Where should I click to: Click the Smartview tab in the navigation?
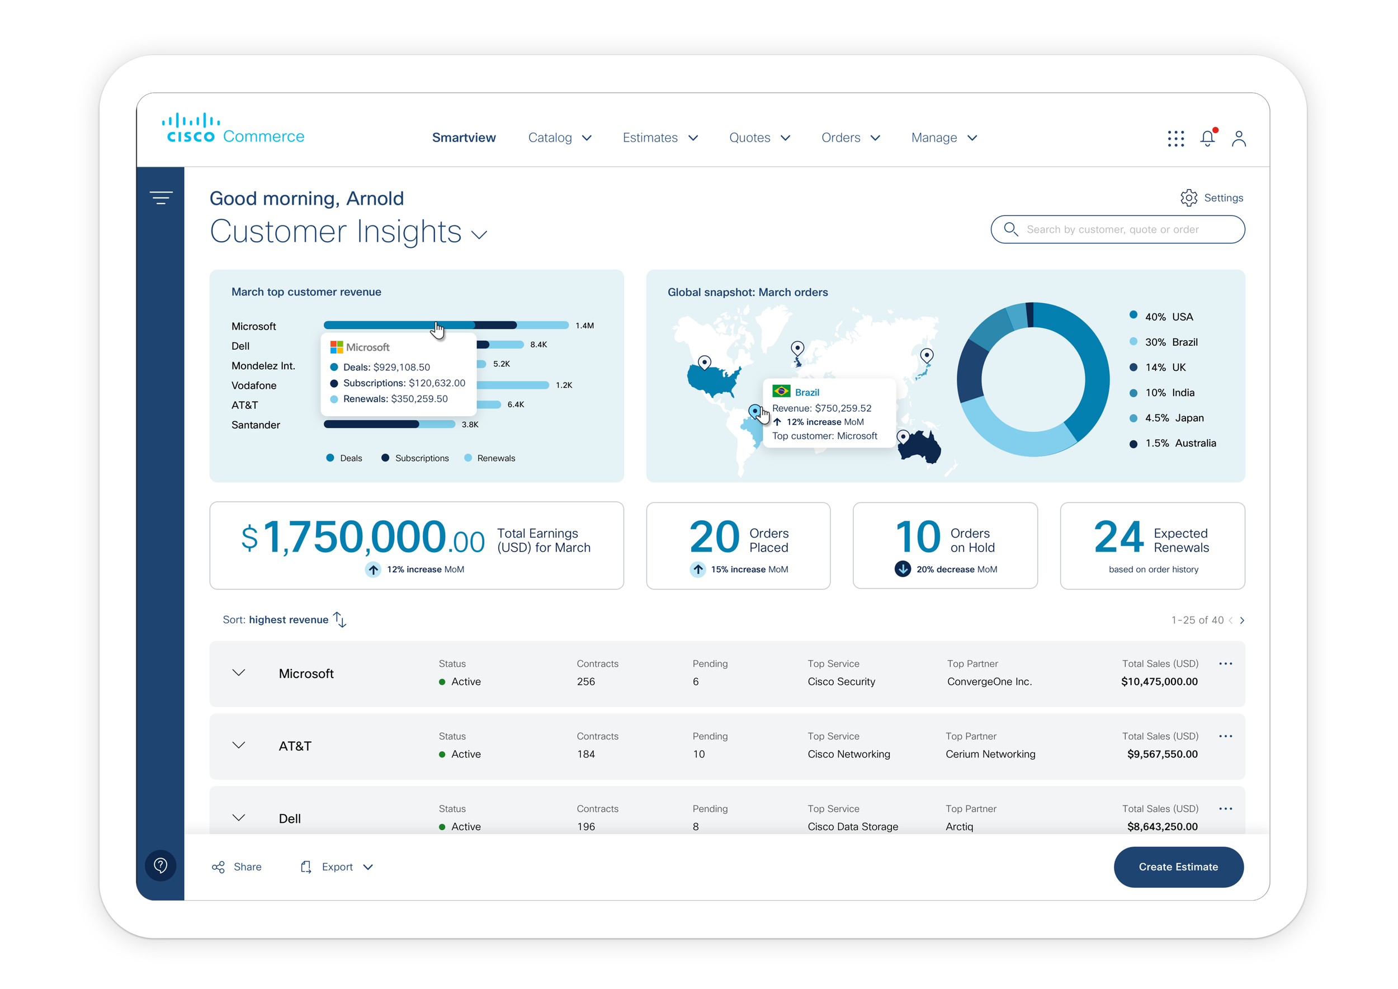464,138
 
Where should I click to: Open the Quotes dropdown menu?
759,138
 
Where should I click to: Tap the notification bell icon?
1207,139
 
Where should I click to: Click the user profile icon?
1239,139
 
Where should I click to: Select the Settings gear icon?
1188,198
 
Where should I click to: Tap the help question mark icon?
160,865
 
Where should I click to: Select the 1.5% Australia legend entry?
1173,444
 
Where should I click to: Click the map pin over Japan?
926,355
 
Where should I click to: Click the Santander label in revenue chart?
256,425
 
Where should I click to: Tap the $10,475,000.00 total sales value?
1159,681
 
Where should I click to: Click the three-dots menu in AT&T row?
1225,736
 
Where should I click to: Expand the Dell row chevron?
239,817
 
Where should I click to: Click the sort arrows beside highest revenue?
340,619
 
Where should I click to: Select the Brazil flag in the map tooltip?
781,391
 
